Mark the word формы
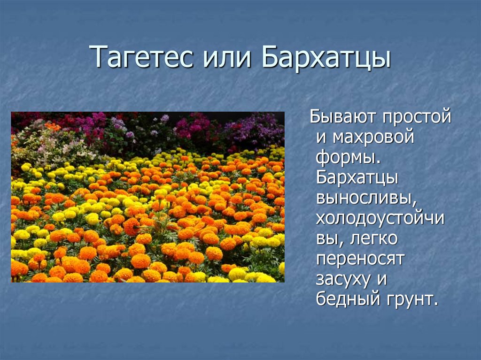pos(348,158)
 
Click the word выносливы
pos(366,199)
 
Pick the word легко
pos(374,239)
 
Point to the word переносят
pos(360,260)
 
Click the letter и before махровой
pos(321,138)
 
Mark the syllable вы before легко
pos(326,239)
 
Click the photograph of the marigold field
pos(147,197)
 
